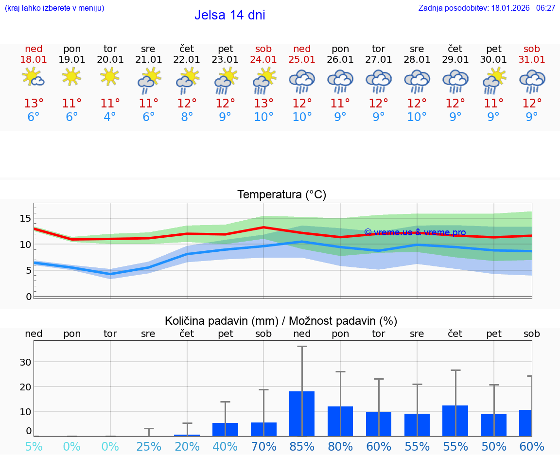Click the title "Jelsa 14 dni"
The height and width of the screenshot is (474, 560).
(x=229, y=15)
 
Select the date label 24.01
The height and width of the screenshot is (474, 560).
(x=263, y=60)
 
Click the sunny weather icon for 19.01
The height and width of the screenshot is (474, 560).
(x=71, y=76)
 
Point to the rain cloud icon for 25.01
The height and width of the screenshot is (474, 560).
(x=302, y=81)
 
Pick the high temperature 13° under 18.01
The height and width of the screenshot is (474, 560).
(x=34, y=104)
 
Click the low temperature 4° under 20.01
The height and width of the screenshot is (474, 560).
(x=110, y=117)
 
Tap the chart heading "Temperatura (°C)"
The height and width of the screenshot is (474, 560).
(x=281, y=195)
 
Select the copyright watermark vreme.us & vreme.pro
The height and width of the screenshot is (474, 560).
(x=415, y=232)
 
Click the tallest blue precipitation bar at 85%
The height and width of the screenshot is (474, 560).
(x=302, y=413)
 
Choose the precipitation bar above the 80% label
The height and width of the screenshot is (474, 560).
(x=340, y=421)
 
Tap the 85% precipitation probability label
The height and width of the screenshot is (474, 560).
(x=302, y=446)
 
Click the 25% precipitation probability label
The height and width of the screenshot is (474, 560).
(x=148, y=446)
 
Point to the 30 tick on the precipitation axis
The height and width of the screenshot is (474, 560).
(x=26, y=362)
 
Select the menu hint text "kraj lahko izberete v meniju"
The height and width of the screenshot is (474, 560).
(x=54, y=8)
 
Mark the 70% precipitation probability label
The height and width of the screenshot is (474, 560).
(x=263, y=446)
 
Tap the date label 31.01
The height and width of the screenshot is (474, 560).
(x=532, y=60)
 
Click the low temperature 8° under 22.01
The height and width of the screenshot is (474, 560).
(x=187, y=117)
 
